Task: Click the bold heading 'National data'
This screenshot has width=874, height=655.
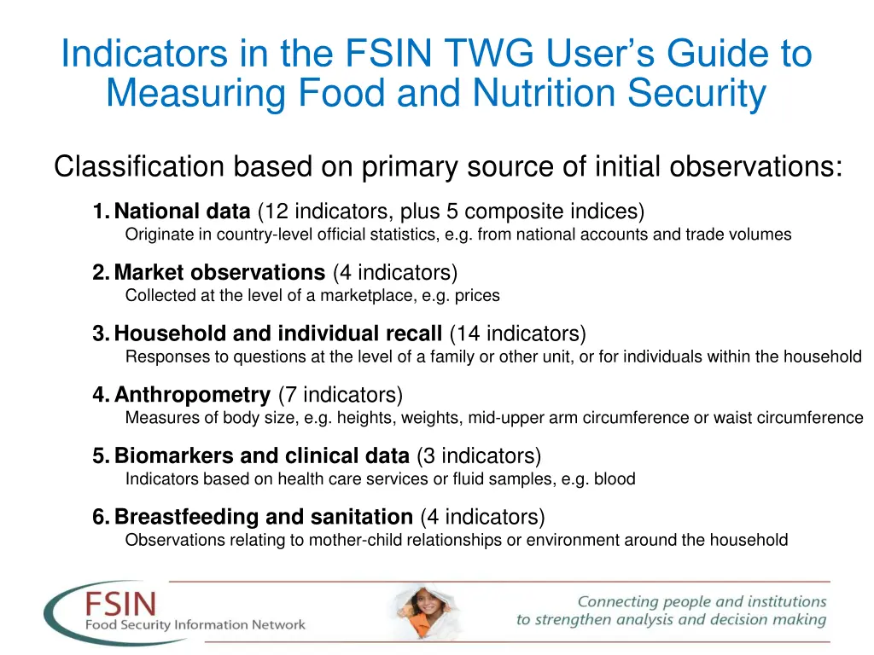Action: (182, 212)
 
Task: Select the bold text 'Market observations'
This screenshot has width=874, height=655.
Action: (219, 273)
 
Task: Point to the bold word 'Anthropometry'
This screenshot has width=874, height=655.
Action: (192, 395)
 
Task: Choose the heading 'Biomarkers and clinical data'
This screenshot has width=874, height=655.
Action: (262, 456)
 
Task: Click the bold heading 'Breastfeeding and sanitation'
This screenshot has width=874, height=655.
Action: (263, 517)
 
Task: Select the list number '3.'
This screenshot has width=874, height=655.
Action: (102, 333)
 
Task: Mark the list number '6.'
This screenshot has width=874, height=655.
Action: (102, 517)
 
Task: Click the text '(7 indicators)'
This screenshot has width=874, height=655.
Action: (340, 395)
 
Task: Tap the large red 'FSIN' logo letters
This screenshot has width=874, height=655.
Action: (120, 606)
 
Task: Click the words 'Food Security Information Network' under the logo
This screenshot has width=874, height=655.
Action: (195, 625)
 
